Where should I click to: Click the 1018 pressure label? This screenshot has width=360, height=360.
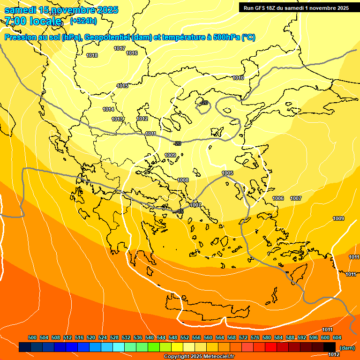pyautogui.click(x=92, y=55)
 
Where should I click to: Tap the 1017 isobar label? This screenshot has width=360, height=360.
pyautogui.click(x=120, y=48)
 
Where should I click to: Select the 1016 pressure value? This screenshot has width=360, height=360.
pyautogui.click(x=132, y=53)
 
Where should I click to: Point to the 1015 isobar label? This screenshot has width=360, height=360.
pyautogui.click(x=123, y=86)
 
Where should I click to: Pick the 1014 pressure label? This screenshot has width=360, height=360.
pyautogui.click(x=108, y=109)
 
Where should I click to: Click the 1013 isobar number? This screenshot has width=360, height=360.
pyautogui.click(x=117, y=119)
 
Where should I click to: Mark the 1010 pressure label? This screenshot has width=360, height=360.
pyautogui.click(x=238, y=78)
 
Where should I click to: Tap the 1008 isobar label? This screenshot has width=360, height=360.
pyautogui.click(x=183, y=180)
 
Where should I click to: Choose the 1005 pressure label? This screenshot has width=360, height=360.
pyautogui.click(x=227, y=173)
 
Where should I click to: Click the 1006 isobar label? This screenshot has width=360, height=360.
pyautogui.click(x=278, y=198)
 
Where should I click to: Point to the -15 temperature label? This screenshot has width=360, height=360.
pyautogui.click(x=180, y=212)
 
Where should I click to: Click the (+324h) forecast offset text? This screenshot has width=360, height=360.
pyautogui.click(x=83, y=21)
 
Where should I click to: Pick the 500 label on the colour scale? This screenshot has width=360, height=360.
pyautogui.click(x=32, y=337)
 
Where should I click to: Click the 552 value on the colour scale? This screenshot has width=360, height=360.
pyautogui.click(x=185, y=337)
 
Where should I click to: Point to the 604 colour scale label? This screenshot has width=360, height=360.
pyautogui.click(x=337, y=337)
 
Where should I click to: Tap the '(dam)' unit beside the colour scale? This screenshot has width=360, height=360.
pyautogui.click(x=347, y=347)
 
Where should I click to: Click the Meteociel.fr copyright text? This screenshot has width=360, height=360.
pyautogui.click(x=199, y=357)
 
